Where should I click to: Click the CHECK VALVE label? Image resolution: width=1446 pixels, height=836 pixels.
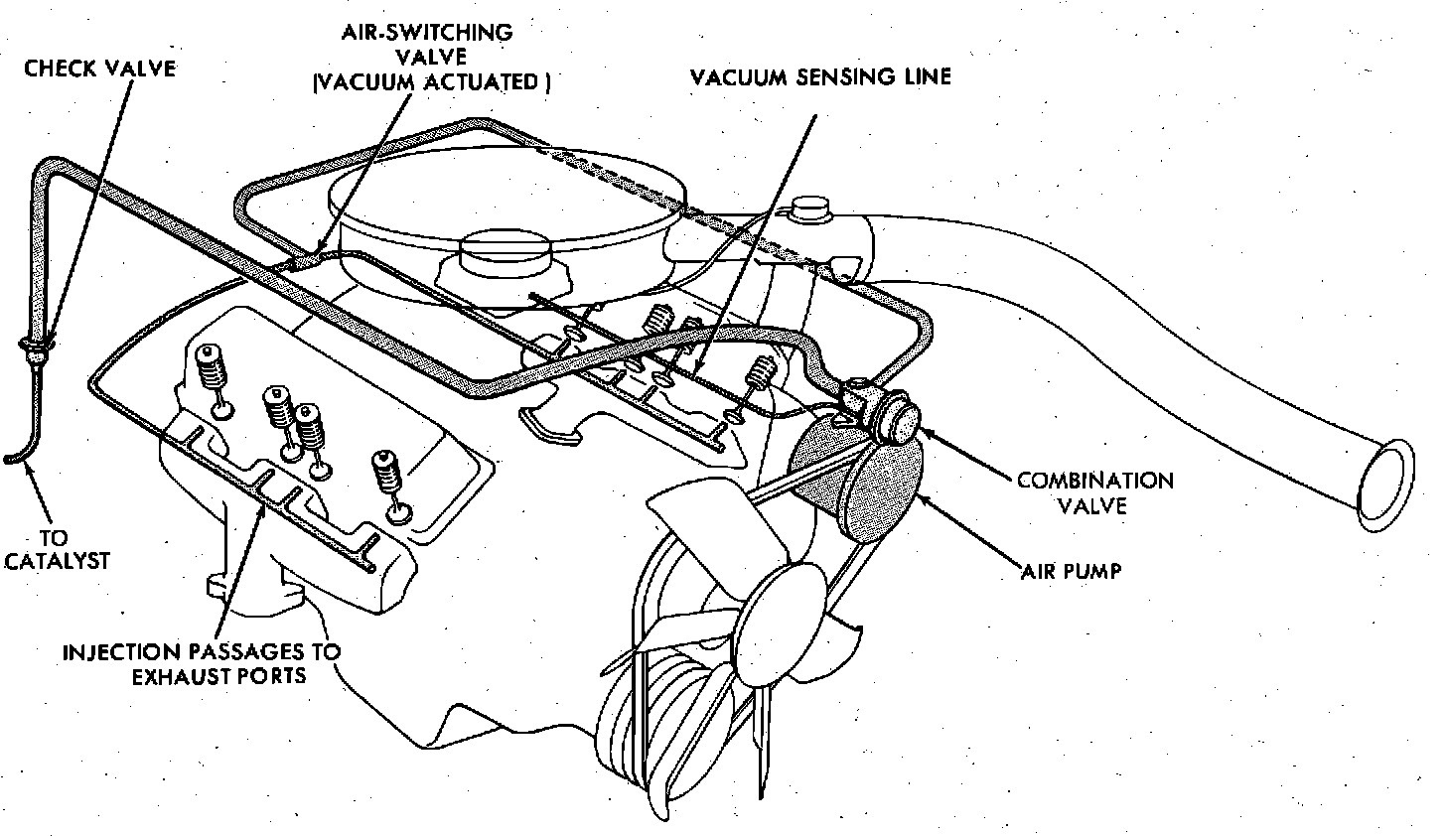click(x=99, y=69)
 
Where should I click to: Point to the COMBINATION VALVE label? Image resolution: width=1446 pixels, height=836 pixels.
click(x=1094, y=492)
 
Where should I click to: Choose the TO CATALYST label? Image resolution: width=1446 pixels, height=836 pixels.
click(x=57, y=550)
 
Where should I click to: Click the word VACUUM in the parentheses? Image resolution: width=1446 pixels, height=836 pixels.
click(x=363, y=82)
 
